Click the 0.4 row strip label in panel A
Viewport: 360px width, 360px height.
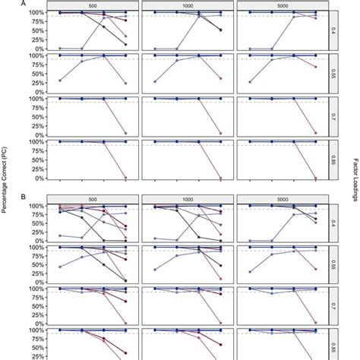tap(333, 31)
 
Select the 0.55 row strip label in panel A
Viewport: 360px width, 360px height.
tap(333, 74)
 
